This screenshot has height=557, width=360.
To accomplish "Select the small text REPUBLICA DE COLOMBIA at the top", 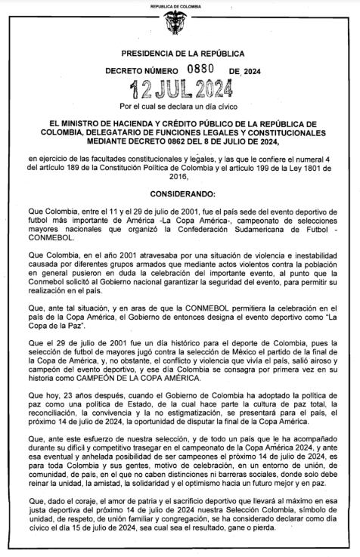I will tap(179, 5).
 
